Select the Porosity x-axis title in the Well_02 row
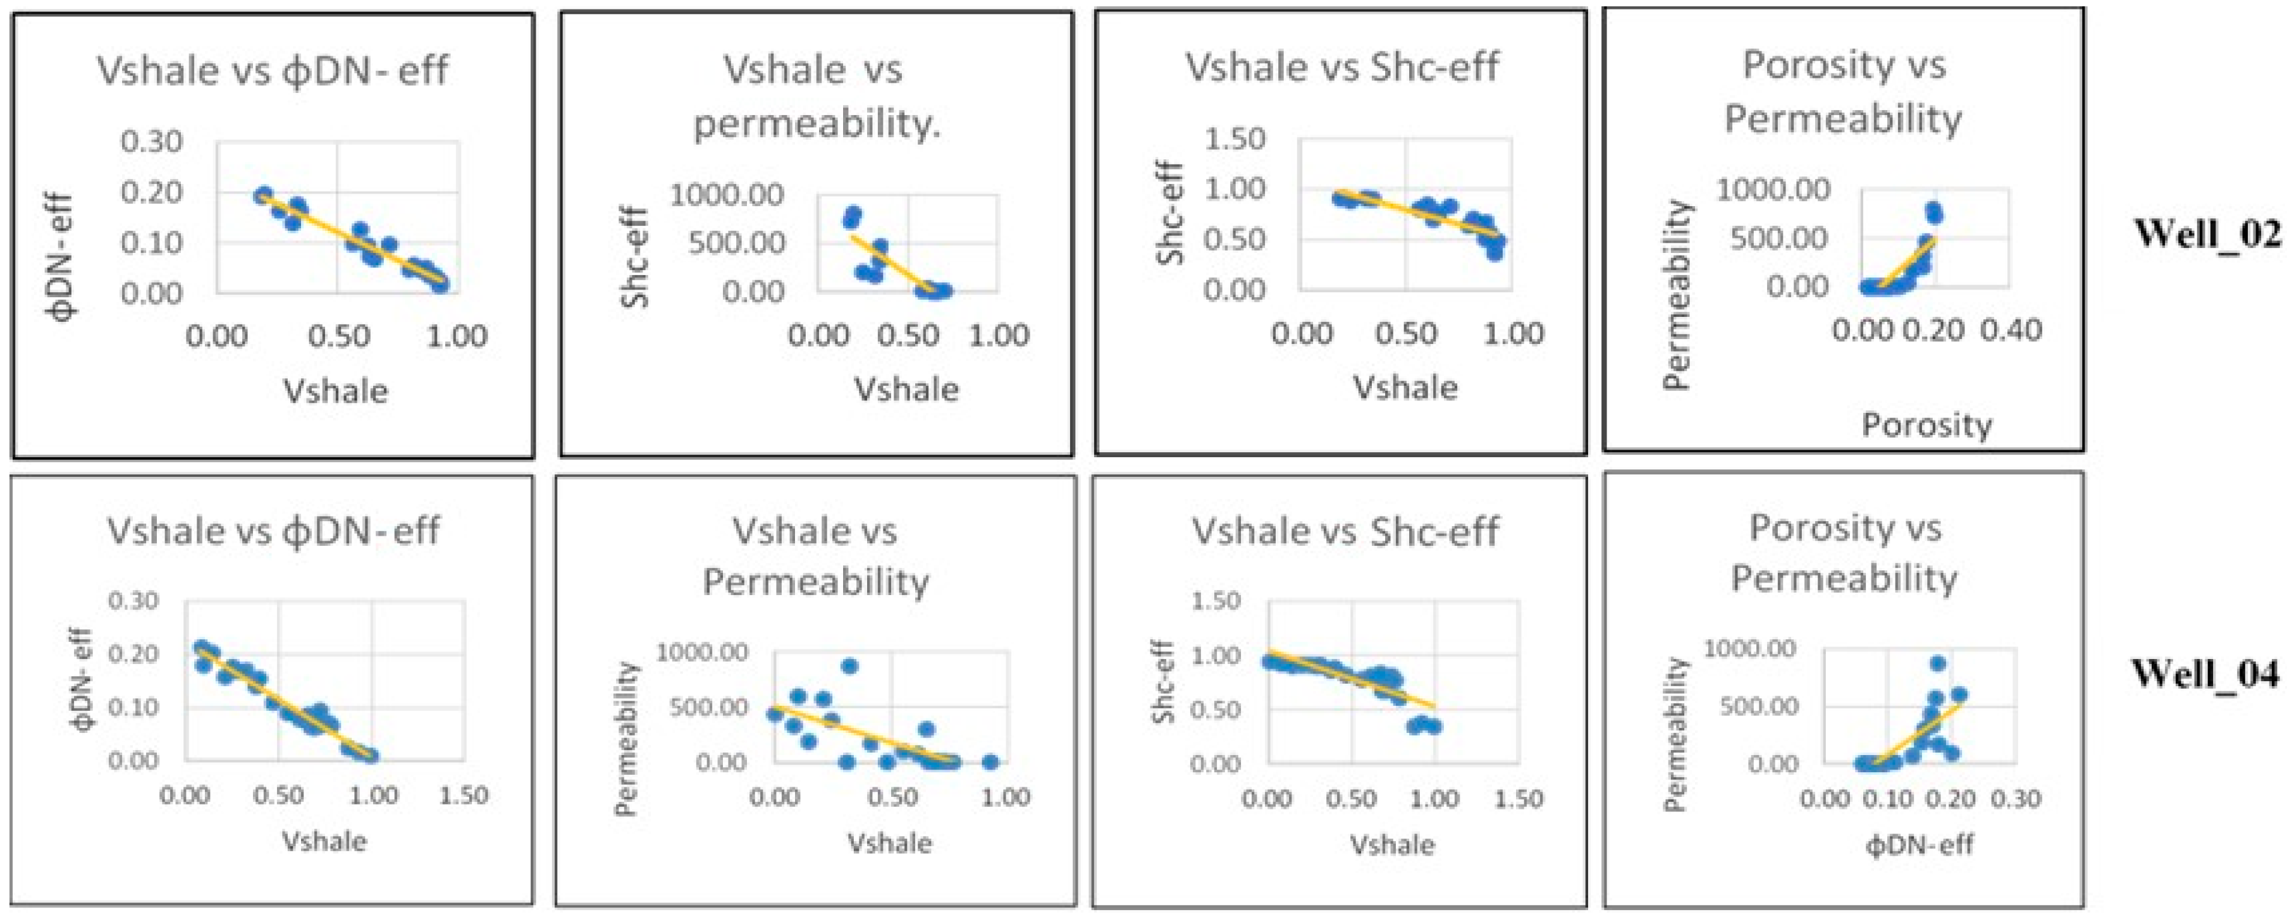[1926, 425]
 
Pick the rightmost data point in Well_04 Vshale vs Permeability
[991, 761]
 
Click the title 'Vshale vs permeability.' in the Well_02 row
[816, 96]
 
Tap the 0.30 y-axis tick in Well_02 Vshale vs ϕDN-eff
[151, 141]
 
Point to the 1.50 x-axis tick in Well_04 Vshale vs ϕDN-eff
[464, 796]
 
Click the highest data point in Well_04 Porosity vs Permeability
[1938, 663]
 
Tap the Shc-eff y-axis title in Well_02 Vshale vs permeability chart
[636, 257]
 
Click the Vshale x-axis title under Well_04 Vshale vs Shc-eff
[1392, 844]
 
